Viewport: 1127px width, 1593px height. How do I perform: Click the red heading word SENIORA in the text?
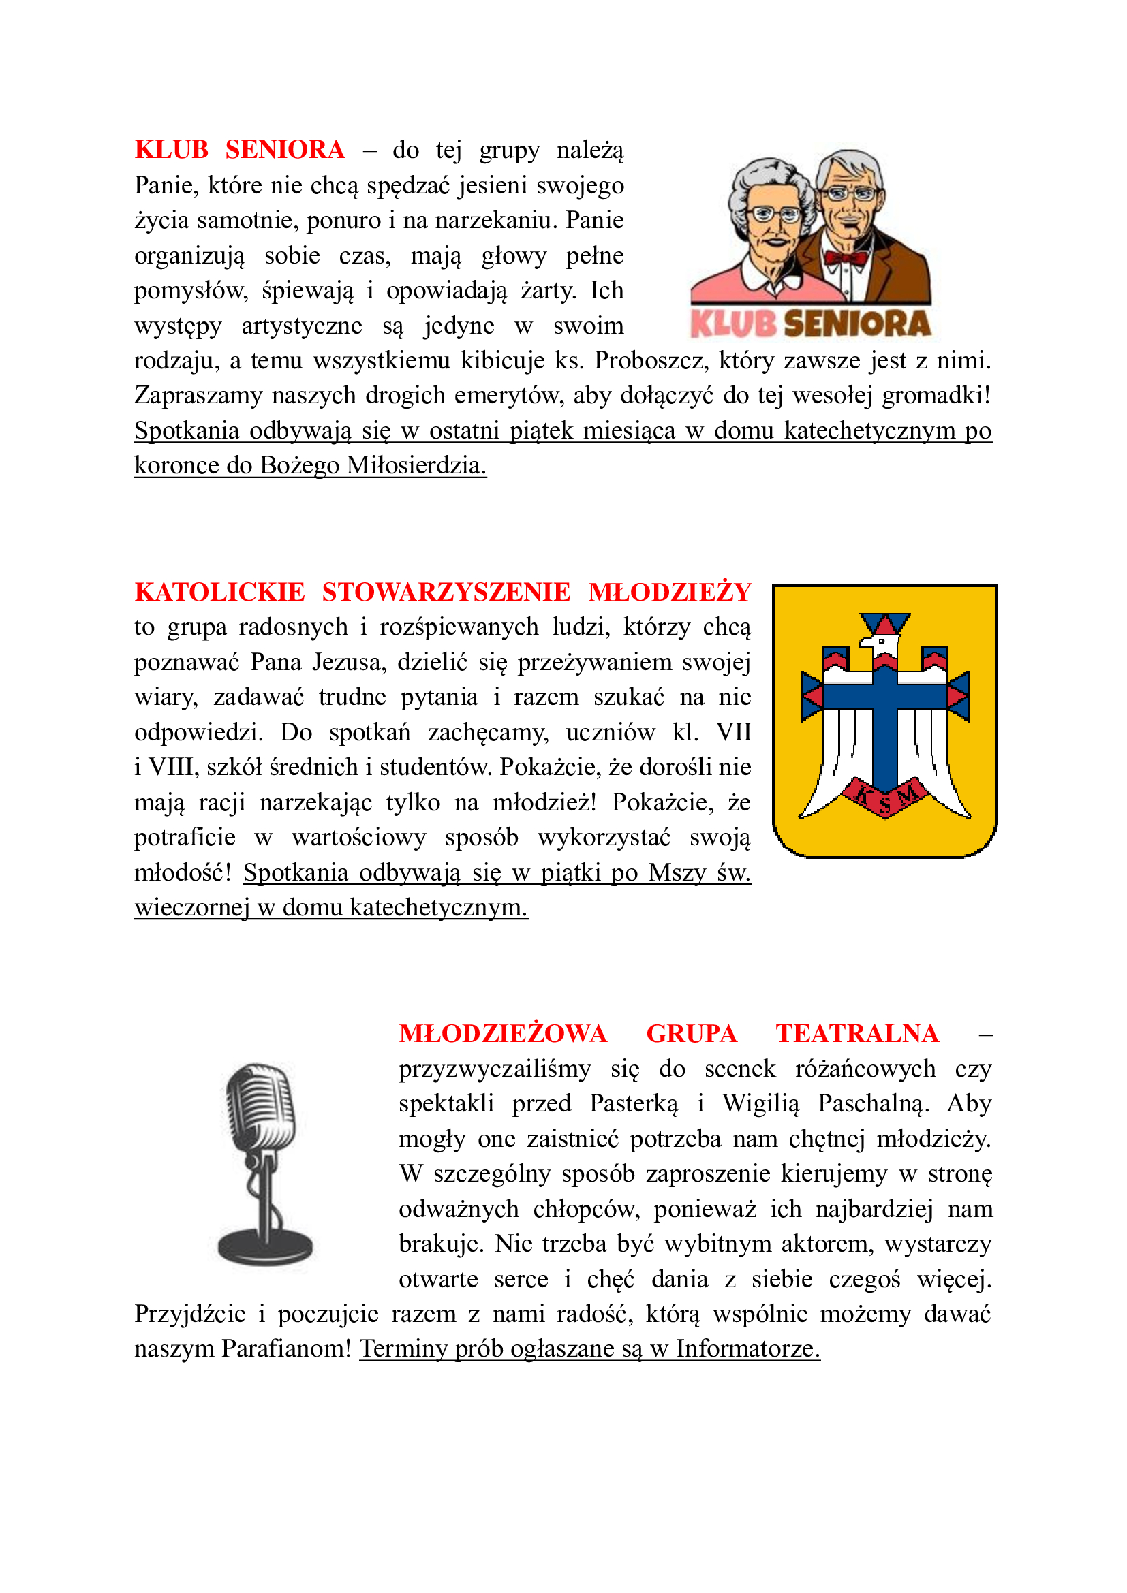click(285, 150)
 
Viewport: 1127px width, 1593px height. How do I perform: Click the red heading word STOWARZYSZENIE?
click(446, 592)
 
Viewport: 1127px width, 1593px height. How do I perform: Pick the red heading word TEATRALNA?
click(857, 1034)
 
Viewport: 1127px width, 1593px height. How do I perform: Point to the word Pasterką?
click(634, 1104)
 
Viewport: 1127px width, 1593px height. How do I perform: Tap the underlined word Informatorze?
click(747, 1348)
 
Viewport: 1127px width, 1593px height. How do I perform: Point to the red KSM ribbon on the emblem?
click(885, 798)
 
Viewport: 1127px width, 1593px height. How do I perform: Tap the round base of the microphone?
click(265, 1246)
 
